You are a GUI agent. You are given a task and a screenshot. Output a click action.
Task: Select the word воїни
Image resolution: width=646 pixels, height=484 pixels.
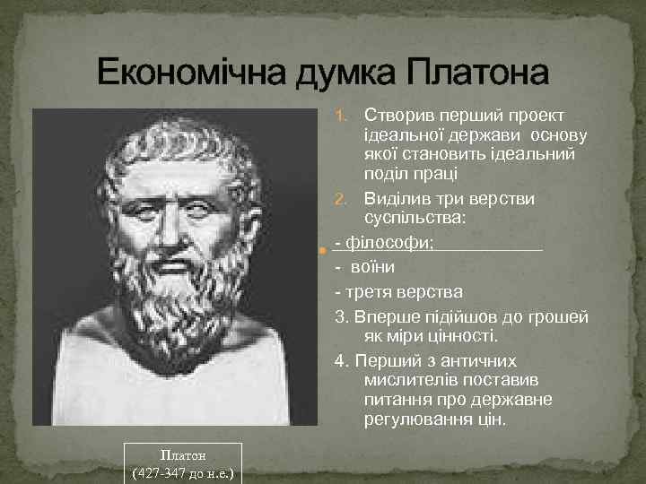coord(373,267)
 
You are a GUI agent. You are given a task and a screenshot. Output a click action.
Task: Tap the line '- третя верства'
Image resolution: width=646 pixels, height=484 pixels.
coord(398,292)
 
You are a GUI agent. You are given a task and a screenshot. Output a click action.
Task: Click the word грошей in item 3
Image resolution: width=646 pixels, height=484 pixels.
coord(556,317)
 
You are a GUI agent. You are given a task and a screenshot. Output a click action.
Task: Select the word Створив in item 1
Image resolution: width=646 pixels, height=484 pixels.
coord(396,117)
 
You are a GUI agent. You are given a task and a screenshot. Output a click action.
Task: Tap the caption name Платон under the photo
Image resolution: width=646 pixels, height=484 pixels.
coord(183,454)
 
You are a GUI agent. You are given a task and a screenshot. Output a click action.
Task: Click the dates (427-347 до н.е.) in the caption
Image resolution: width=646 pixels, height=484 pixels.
coord(183,471)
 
